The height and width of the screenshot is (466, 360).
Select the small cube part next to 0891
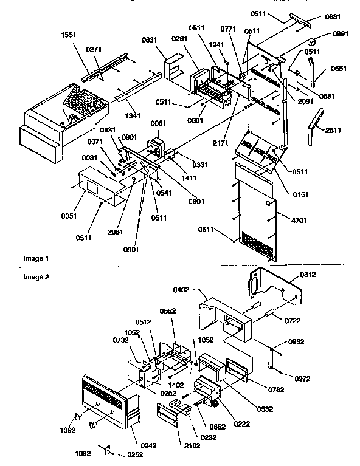click(312, 43)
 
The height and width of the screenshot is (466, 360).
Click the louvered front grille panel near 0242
click(105, 405)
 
